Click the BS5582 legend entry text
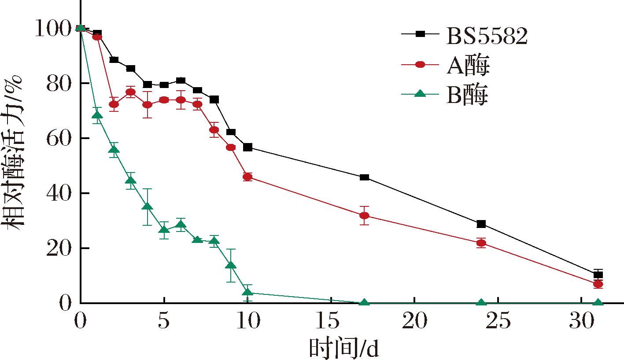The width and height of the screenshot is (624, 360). (x=487, y=37)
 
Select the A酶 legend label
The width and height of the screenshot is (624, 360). (x=468, y=66)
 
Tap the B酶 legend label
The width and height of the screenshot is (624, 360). (x=468, y=96)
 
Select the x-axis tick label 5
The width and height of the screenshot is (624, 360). (x=164, y=323)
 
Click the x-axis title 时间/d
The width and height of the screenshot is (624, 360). (x=343, y=349)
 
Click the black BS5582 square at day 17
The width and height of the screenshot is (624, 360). (x=364, y=177)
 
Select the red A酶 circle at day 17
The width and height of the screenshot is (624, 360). (x=364, y=216)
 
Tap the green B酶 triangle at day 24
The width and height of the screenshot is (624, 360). (x=481, y=303)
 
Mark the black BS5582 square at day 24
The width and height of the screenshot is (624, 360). (x=481, y=224)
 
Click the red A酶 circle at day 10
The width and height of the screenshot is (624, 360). (x=247, y=177)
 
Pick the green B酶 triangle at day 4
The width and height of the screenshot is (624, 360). (x=148, y=207)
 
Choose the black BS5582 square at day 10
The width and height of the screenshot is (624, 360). (x=247, y=147)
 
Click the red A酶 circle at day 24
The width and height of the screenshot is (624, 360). (x=481, y=243)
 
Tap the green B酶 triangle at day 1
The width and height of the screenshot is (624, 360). (x=97, y=115)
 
